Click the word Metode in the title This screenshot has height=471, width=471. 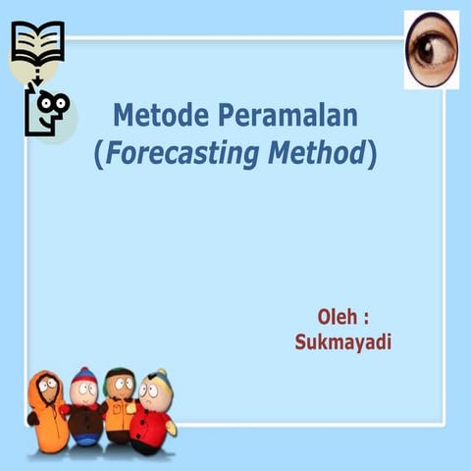(156, 116)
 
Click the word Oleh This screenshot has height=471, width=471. (336, 317)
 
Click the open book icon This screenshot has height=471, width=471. (36, 40)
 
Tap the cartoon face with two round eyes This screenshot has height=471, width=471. (49, 107)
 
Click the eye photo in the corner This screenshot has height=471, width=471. (431, 49)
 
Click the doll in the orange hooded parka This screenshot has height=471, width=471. (44, 412)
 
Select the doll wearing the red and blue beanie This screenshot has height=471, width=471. (83, 407)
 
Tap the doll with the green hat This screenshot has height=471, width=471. (119, 404)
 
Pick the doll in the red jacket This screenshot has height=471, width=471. (153, 412)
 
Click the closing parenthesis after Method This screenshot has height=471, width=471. (372, 154)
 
